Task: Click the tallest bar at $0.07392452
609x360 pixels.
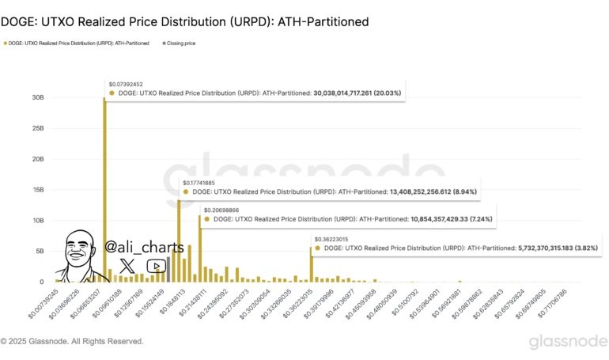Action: click(104, 190)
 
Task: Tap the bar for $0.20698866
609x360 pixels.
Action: click(199, 249)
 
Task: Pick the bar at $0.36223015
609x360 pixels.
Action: click(311, 264)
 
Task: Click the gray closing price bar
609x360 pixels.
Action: click(168, 270)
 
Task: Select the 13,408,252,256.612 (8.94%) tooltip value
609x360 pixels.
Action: click(431, 191)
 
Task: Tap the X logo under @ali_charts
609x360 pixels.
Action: click(127, 266)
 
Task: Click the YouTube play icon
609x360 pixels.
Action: click(157, 266)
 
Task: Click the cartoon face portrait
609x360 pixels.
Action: click(81, 253)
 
